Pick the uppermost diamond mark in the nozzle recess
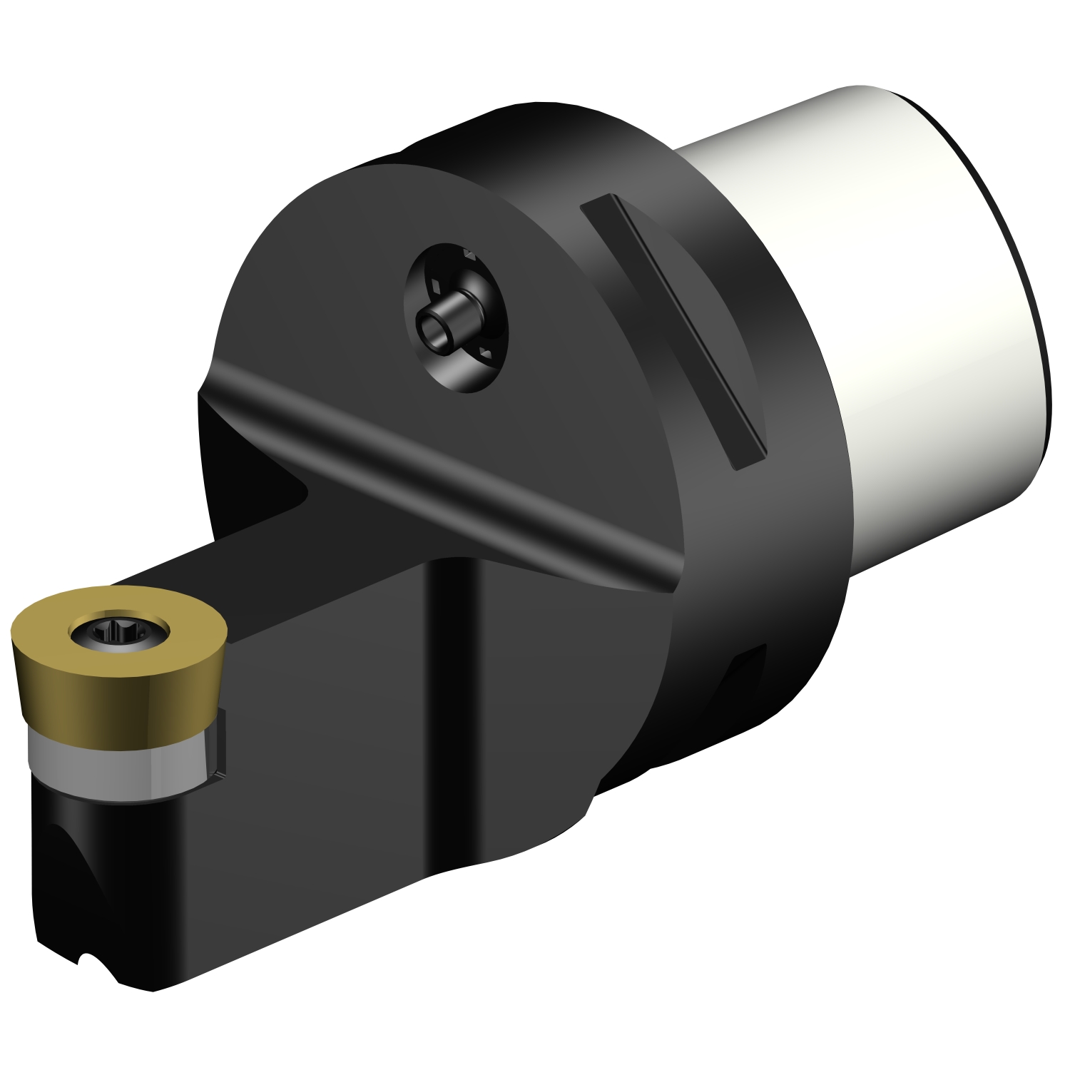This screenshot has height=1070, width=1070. coord(469,254)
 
